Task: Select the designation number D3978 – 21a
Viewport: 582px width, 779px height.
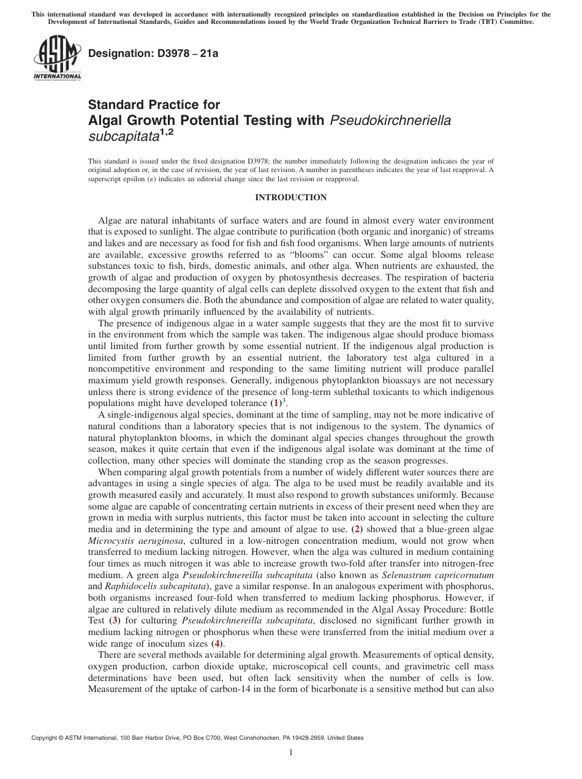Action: pos(153,53)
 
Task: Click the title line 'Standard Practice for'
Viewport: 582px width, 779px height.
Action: pos(154,105)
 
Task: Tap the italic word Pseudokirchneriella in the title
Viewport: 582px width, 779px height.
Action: pos(390,120)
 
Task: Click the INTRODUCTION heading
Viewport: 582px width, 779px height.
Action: pos(290,198)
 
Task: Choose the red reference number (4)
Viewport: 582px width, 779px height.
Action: pos(216,643)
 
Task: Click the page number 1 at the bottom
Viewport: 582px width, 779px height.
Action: pos(291,753)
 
